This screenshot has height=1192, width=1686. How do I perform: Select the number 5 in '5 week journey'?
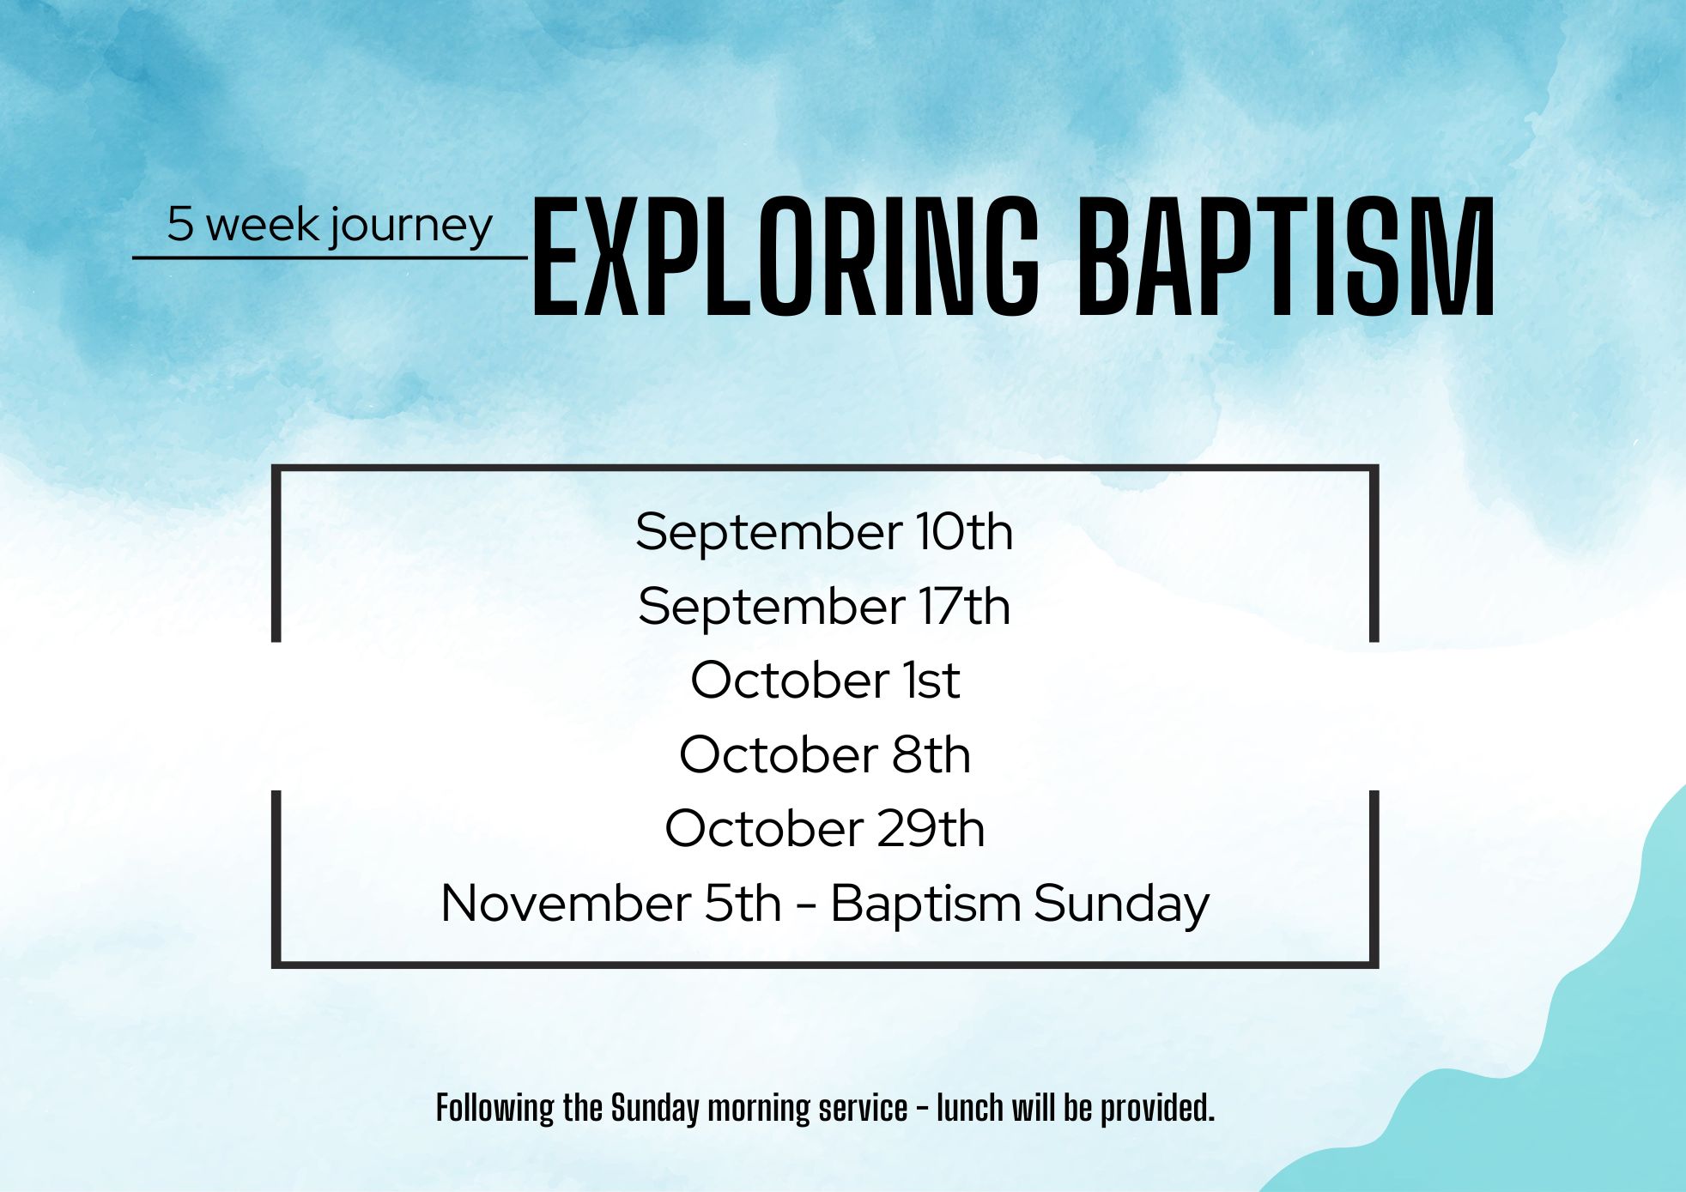pyautogui.click(x=180, y=224)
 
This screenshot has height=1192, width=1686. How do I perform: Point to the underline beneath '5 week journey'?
pyautogui.click(x=331, y=257)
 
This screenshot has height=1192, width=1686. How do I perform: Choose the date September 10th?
pyautogui.click(x=824, y=532)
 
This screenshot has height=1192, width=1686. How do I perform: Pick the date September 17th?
pyautogui.click(x=824, y=607)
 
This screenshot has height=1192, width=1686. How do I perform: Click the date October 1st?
pyautogui.click(x=825, y=681)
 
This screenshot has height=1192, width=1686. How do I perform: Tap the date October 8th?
pyautogui.click(x=825, y=755)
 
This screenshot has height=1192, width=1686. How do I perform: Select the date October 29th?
pyautogui.click(x=825, y=829)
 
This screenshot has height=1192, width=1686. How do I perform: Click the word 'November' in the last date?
pyautogui.click(x=566, y=904)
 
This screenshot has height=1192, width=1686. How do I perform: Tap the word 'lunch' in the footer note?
pyautogui.click(x=970, y=1109)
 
